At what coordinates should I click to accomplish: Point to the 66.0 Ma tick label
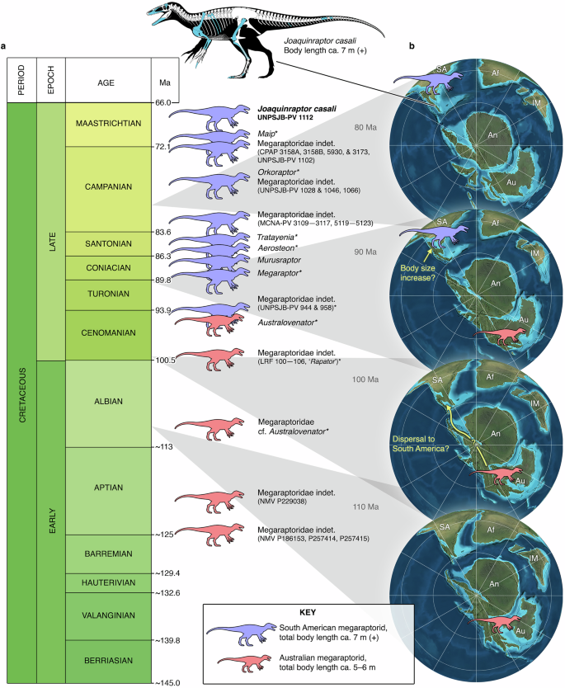pyautogui.click(x=162, y=102)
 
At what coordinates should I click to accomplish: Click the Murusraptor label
pyautogui.click(x=278, y=259)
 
